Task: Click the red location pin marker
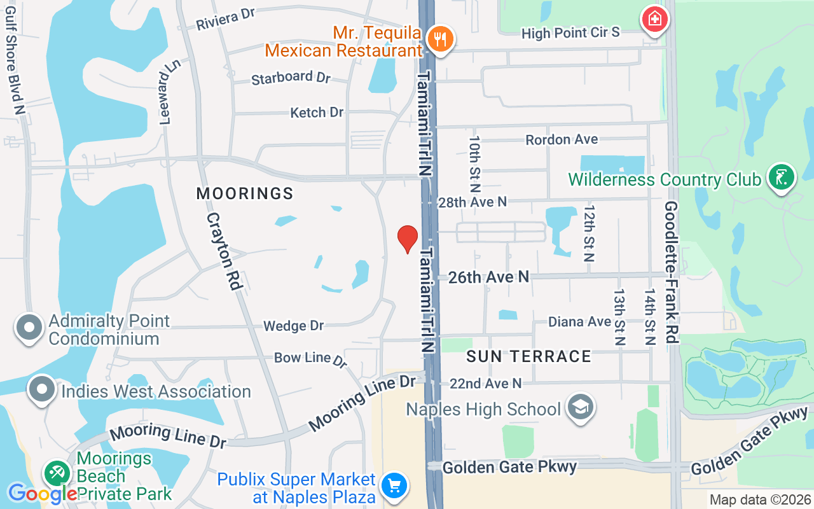(408, 239)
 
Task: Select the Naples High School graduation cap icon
(580, 407)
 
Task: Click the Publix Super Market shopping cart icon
(394, 487)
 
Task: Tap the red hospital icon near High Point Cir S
(654, 19)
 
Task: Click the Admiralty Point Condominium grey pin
(29, 328)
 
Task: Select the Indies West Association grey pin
(42, 389)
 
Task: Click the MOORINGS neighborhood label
(245, 193)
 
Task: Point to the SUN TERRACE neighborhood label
(528, 356)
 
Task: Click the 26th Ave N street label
(488, 277)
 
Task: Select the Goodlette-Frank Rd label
(672, 272)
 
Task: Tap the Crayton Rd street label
(224, 252)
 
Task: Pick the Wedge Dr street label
(293, 326)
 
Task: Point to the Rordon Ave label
(562, 139)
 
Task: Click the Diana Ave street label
(579, 322)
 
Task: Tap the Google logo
(42, 493)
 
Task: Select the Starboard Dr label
(291, 78)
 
